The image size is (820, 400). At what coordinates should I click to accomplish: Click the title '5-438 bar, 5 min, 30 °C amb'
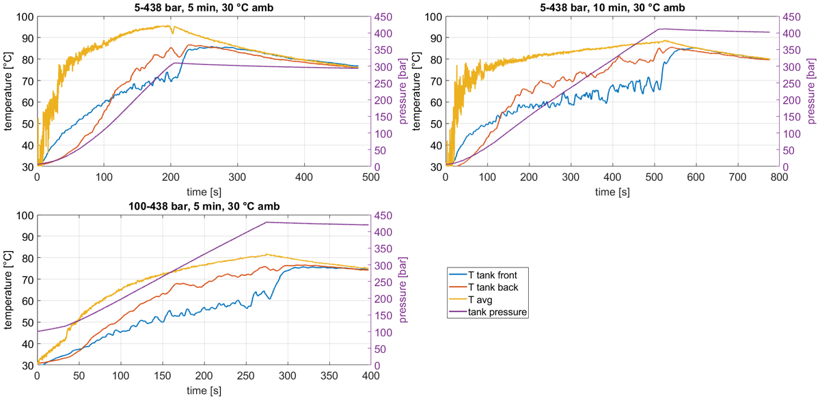204,8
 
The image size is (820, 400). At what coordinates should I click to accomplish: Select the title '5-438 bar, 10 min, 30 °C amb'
612,8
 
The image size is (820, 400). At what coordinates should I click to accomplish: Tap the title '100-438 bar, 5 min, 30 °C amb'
204,206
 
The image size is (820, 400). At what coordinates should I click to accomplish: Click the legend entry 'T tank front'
493,275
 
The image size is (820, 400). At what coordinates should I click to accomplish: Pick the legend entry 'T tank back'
493,287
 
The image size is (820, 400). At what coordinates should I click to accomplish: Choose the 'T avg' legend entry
480,300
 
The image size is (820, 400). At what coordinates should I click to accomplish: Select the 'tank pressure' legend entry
497,312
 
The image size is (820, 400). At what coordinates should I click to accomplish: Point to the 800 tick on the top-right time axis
779,177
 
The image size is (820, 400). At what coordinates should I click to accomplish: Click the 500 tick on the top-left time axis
370,177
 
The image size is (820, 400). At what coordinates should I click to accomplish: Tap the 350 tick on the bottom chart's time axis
329,376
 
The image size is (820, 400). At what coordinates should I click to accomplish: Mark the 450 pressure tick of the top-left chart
383,17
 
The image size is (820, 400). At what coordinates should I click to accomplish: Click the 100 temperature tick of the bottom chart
25,215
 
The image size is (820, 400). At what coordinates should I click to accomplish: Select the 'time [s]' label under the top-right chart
612,192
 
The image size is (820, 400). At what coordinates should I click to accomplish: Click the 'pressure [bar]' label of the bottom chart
402,289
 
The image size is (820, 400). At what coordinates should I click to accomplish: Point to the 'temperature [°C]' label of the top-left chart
8,91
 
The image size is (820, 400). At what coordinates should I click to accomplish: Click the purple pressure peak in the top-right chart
659,29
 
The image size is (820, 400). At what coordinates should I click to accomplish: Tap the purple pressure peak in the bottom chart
266,222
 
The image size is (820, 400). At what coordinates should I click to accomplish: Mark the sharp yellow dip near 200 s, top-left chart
172,33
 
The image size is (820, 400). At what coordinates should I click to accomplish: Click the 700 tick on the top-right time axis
737,177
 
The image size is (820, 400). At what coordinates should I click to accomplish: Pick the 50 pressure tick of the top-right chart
789,150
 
